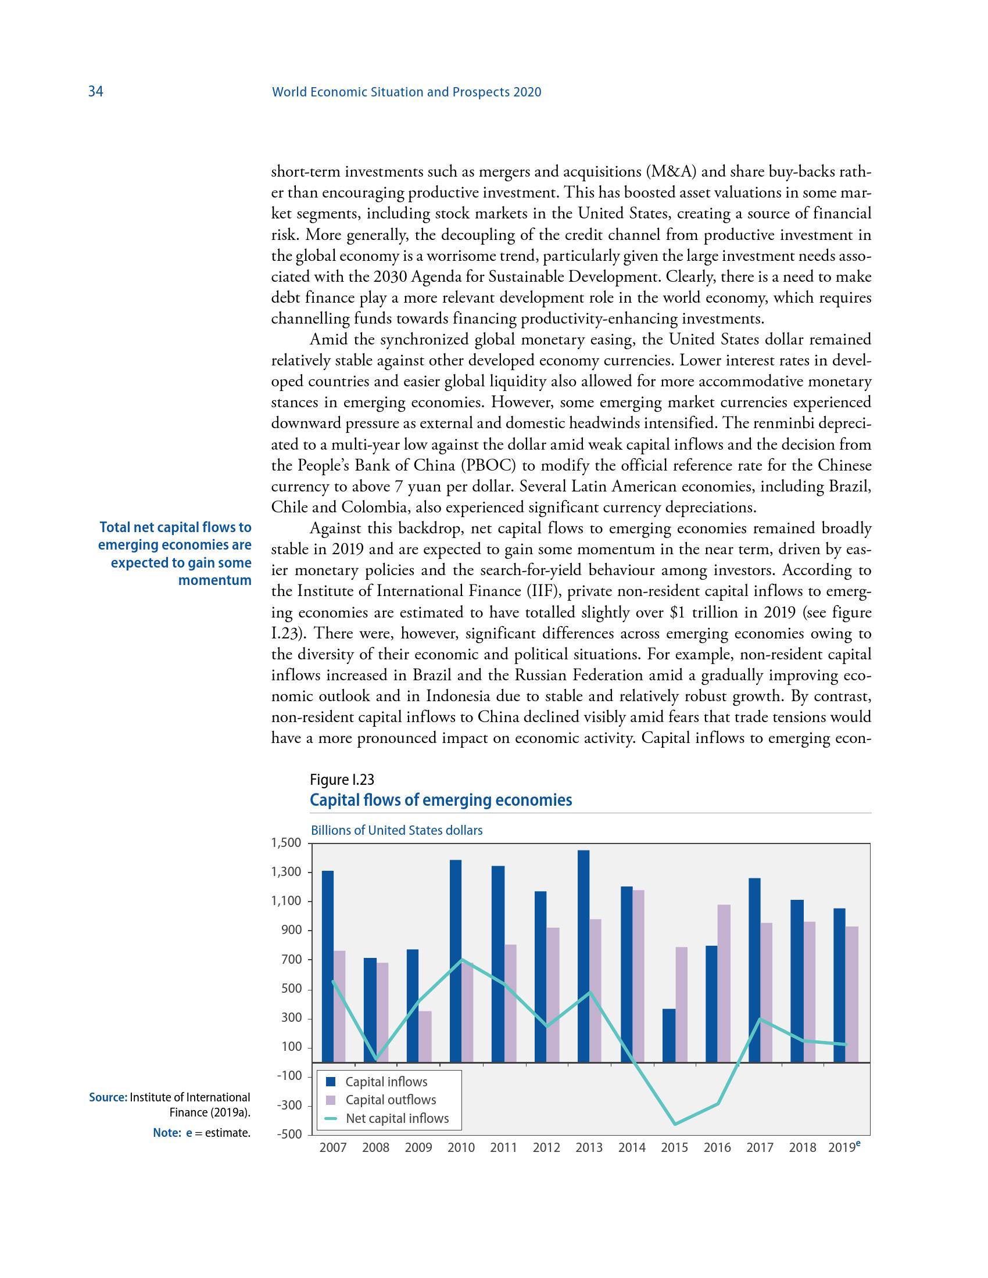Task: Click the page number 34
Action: [95, 92]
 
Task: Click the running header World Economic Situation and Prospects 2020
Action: [407, 92]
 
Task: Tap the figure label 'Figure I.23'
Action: [342, 780]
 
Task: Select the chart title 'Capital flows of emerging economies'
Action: [441, 800]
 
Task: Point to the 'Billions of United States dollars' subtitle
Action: [396, 830]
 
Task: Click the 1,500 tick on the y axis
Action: [285, 843]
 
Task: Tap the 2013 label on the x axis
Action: [589, 1147]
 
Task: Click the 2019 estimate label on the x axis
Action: [844, 1147]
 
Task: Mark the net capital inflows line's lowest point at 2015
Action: [675, 1124]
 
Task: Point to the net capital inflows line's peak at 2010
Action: [462, 959]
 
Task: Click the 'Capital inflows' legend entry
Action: [386, 1082]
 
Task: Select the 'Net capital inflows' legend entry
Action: [397, 1118]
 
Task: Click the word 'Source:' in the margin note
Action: [108, 1097]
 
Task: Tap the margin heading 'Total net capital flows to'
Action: [176, 527]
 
